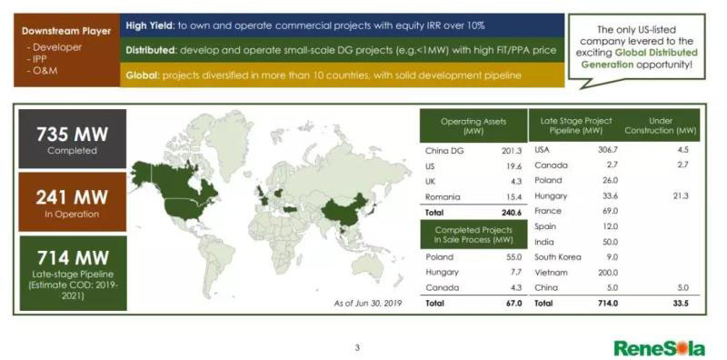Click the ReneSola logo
click(660, 348)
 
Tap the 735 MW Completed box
click(73, 139)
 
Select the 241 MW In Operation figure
click(73, 197)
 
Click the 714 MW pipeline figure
click(73, 257)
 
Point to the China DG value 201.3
click(512, 151)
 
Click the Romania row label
click(443, 197)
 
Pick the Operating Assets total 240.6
click(512, 213)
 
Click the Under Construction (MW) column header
click(661, 125)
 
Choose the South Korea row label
click(558, 257)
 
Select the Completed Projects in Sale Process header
click(473, 235)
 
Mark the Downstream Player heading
click(66, 32)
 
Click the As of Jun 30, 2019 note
click(368, 304)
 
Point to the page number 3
click(357, 347)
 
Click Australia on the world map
click(371, 265)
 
